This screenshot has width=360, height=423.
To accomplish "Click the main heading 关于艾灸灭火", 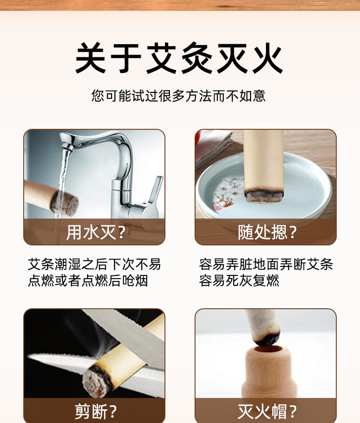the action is click(x=179, y=58).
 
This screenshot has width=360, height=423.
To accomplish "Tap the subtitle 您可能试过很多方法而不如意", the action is click(x=179, y=96).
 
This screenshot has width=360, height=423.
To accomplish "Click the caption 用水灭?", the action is click(x=96, y=232).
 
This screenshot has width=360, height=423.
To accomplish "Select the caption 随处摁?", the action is click(x=267, y=232).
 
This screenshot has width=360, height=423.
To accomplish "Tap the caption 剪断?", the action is click(x=96, y=411).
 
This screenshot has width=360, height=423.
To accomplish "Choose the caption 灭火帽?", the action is click(x=267, y=411).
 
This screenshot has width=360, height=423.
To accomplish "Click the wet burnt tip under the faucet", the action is click(x=64, y=204).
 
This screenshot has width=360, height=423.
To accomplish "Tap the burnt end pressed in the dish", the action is click(x=263, y=196).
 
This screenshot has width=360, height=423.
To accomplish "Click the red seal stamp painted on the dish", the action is click(x=217, y=205).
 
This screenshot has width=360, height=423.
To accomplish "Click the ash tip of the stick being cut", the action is click(x=94, y=381).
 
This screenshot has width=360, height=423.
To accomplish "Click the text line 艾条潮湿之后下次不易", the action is click(x=94, y=265).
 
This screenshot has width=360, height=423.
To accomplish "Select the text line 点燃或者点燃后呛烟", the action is click(x=88, y=280).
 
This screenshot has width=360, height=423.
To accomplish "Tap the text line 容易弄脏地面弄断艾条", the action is click(x=266, y=265).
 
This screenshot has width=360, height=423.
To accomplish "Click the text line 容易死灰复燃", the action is click(x=239, y=280).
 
